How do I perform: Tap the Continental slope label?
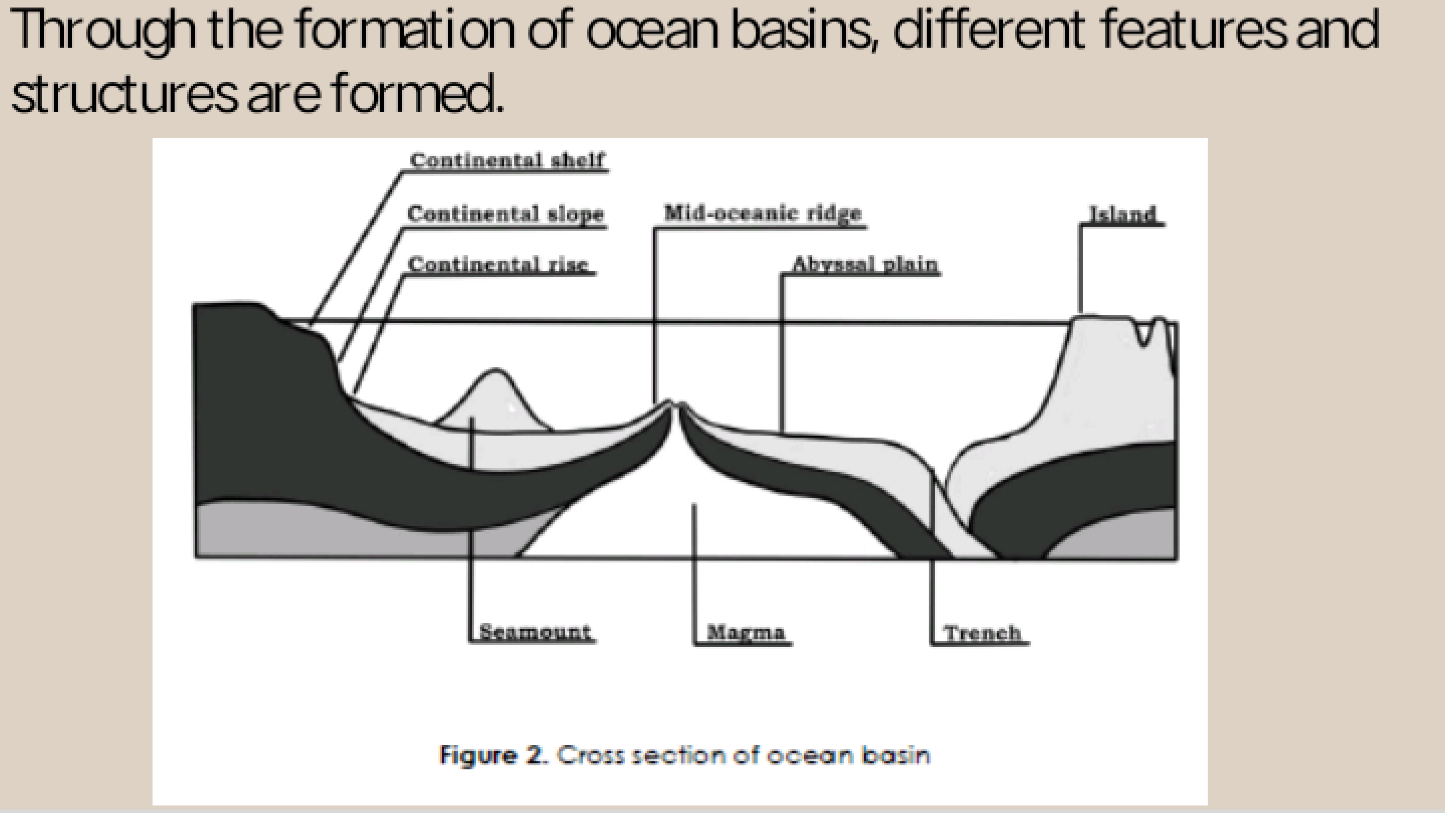pyautogui.click(x=505, y=214)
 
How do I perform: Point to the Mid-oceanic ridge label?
pyautogui.click(x=762, y=213)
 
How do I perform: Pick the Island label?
pyautogui.click(x=1122, y=214)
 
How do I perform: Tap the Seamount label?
pyautogui.click(x=534, y=632)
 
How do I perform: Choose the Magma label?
pyautogui.click(x=746, y=632)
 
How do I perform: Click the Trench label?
pyautogui.click(x=982, y=633)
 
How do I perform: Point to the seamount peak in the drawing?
pyautogui.click(x=495, y=371)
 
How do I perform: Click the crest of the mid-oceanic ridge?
pyautogui.click(x=674, y=403)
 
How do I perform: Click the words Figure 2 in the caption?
pyautogui.click(x=493, y=755)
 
